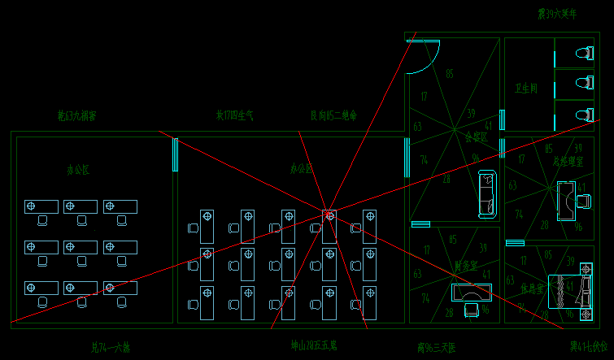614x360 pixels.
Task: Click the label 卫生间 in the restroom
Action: [x=525, y=89]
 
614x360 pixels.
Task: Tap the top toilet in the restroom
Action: [x=582, y=54]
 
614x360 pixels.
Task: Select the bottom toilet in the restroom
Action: [x=582, y=114]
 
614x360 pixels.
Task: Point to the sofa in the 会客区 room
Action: [x=486, y=194]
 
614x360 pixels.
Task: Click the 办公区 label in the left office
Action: [x=78, y=170]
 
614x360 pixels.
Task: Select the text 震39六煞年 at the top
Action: [x=556, y=15]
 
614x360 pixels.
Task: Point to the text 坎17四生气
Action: [x=234, y=116]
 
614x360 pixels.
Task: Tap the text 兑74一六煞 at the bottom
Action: [x=111, y=348]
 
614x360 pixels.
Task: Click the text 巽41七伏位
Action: [x=588, y=347]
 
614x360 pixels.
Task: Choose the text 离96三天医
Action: [x=436, y=348]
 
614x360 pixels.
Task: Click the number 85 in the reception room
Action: [x=450, y=75]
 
